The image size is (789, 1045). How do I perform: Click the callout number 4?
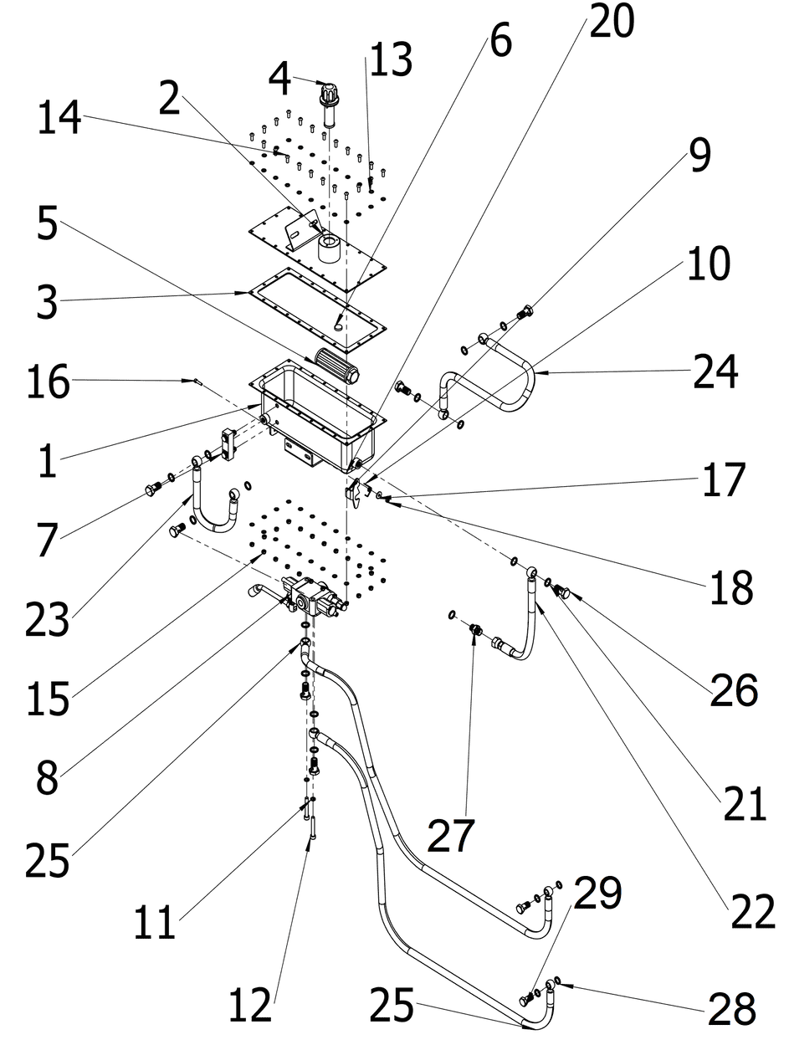[280, 79]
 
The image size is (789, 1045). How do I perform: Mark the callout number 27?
[452, 834]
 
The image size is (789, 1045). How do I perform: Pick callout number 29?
[597, 894]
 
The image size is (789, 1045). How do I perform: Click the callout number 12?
[250, 1004]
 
